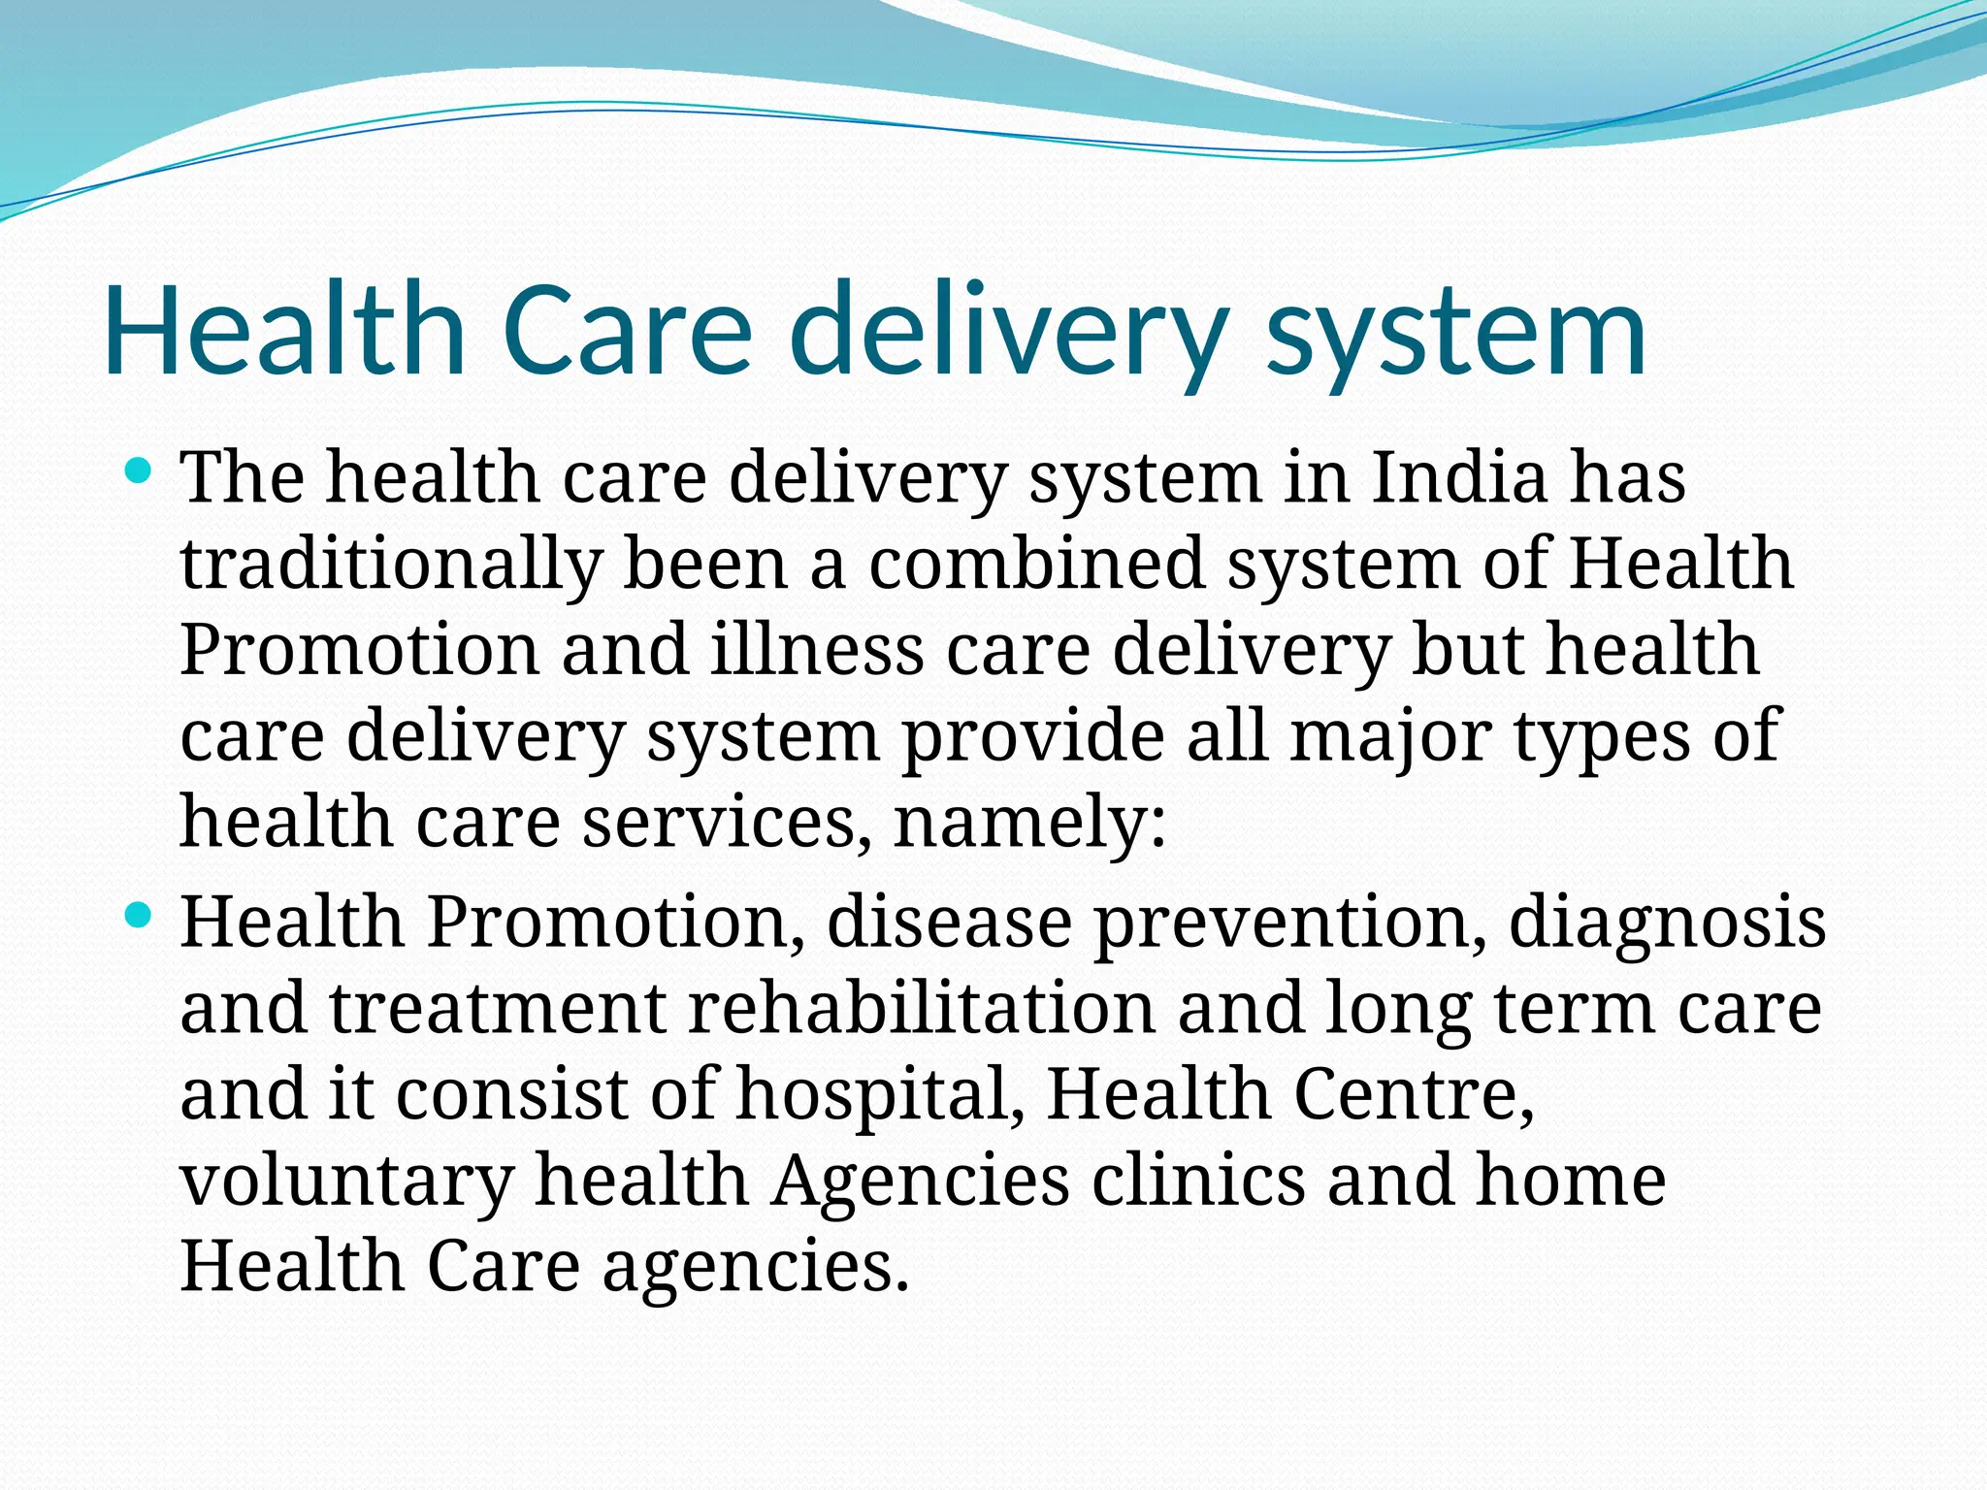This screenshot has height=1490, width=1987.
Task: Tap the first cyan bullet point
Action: (140, 472)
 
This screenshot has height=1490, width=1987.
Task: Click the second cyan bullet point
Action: (140, 915)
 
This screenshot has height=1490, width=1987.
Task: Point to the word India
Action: (1459, 477)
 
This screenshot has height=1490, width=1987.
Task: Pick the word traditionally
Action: (391, 565)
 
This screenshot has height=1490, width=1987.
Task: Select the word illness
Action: (817, 649)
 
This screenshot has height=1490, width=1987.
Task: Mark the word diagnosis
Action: (1667, 923)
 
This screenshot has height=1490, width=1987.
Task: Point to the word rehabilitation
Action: (922, 1007)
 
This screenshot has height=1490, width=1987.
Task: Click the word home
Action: (1571, 1180)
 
